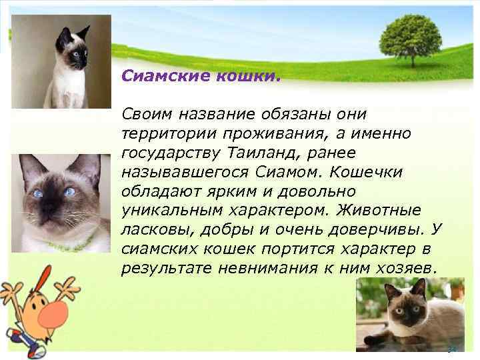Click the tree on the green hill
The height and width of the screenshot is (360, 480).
pyautogui.click(x=409, y=37)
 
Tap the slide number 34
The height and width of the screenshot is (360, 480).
pyautogui.click(x=451, y=349)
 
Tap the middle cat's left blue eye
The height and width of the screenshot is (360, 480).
pyautogui.click(x=39, y=193)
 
